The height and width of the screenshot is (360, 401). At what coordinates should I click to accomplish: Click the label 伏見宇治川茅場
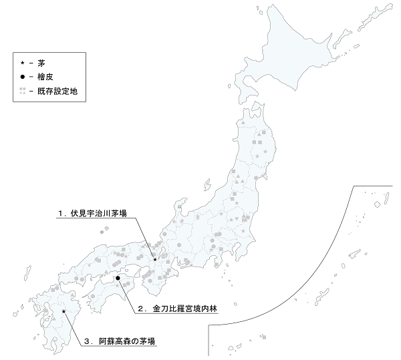(96, 214)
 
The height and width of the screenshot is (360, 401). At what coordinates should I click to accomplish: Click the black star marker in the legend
(23, 62)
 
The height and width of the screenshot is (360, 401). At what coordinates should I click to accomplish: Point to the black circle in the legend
(23, 76)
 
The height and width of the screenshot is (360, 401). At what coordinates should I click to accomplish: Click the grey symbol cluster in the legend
(23, 90)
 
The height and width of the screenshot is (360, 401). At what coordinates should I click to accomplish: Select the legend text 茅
(41, 62)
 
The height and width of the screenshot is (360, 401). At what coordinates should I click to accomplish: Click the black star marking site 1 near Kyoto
(155, 259)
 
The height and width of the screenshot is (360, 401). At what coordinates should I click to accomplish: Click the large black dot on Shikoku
(117, 277)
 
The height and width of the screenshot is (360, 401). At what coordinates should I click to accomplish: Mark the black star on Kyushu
(63, 311)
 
